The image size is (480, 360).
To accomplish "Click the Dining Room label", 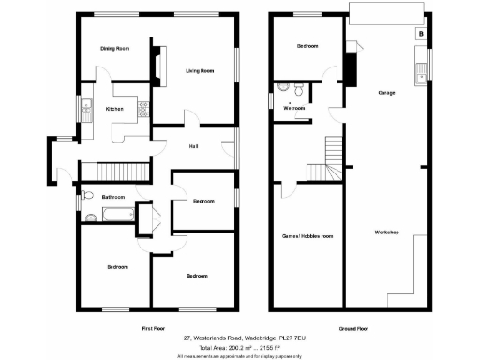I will [115, 48].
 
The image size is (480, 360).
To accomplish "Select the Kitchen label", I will [114, 110].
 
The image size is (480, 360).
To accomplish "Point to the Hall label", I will [192, 145].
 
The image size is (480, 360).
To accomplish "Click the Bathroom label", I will [113, 197].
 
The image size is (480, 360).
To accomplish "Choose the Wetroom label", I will [294, 108].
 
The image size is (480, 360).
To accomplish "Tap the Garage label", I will [385, 93].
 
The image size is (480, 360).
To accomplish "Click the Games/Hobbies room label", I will [308, 236].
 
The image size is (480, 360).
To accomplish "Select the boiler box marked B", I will [420, 34].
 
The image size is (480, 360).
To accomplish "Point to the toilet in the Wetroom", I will [295, 90].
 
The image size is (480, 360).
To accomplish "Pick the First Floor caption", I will [153, 330].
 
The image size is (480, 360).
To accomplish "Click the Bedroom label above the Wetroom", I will [307, 46].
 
